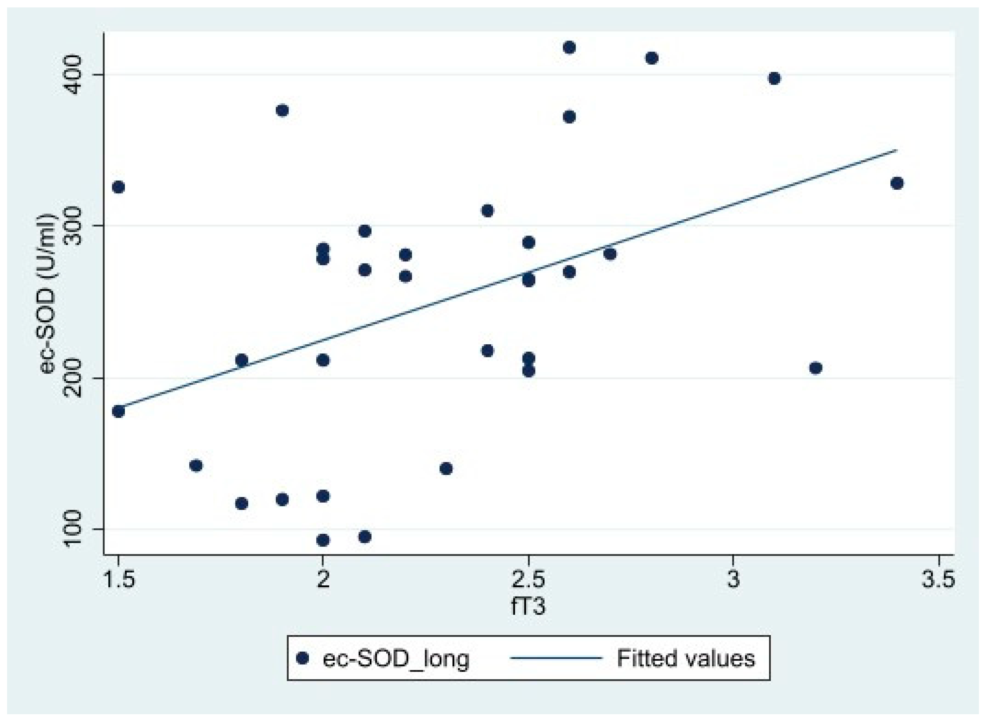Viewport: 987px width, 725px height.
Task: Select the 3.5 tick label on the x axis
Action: point(938,579)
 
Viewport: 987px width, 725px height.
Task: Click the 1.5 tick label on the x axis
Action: point(119,579)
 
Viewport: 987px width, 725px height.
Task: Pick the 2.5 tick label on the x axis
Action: point(528,579)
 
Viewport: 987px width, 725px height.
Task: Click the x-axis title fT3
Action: point(528,607)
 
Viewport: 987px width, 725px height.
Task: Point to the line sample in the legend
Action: point(556,657)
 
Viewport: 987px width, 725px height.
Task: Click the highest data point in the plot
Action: point(569,48)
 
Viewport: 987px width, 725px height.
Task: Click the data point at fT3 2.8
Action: point(652,58)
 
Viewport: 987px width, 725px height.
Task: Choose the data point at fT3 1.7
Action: point(196,465)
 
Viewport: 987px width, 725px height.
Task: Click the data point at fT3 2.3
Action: point(446,469)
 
